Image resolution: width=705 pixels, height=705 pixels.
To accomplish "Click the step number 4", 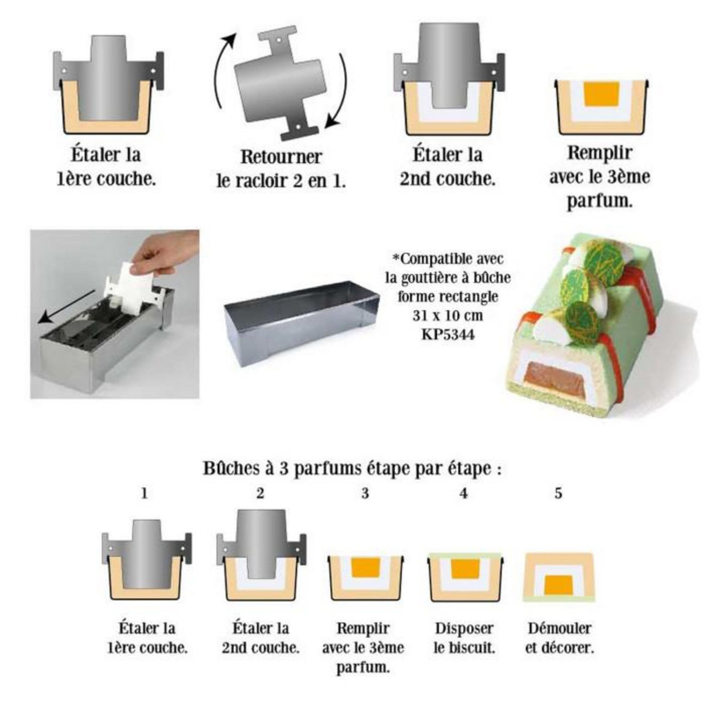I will pyautogui.click(x=464, y=494).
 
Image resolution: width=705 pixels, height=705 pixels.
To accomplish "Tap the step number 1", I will pyautogui.click(x=145, y=493).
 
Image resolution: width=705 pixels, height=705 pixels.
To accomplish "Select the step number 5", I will pyautogui.click(x=558, y=494).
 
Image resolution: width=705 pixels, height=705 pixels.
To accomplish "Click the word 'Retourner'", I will pyautogui.click(x=281, y=157).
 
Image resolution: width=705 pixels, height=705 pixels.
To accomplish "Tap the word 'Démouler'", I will pyautogui.click(x=559, y=628).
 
